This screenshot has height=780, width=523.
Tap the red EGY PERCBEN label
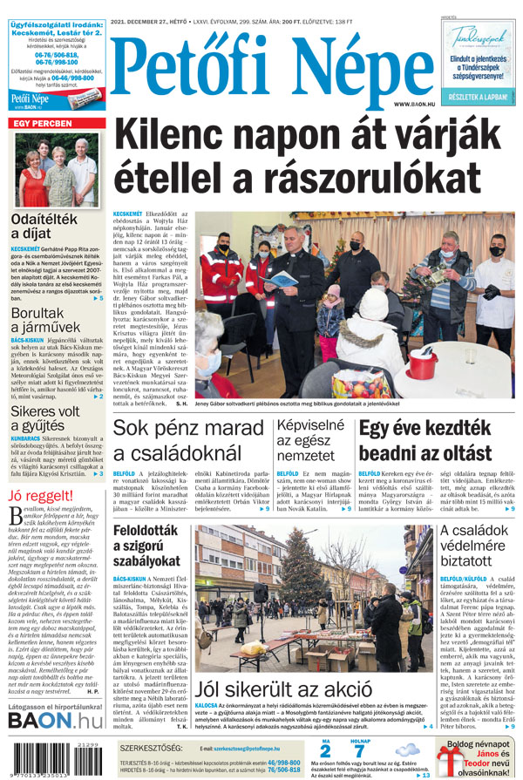pos(42,124)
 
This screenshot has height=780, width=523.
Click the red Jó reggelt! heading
pos(39,497)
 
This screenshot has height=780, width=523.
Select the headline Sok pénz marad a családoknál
pos(188,440)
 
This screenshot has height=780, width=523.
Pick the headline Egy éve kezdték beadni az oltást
pos(425,440)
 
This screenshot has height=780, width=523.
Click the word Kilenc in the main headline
pos(165,137)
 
